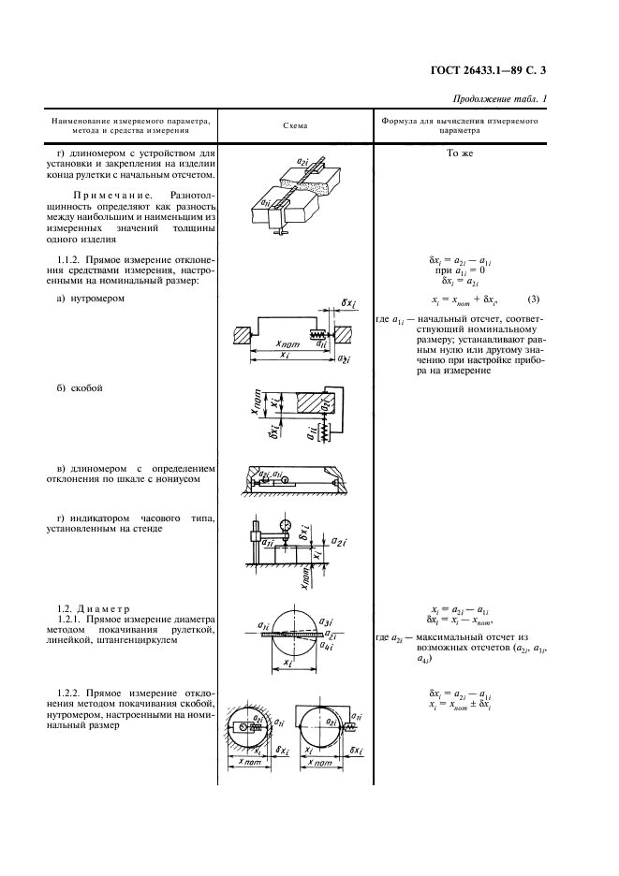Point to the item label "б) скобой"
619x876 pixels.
[x=80, y=387]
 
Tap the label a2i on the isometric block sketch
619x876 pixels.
[x=303, y=160]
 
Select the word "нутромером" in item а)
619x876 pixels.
[x=97, y=299]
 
